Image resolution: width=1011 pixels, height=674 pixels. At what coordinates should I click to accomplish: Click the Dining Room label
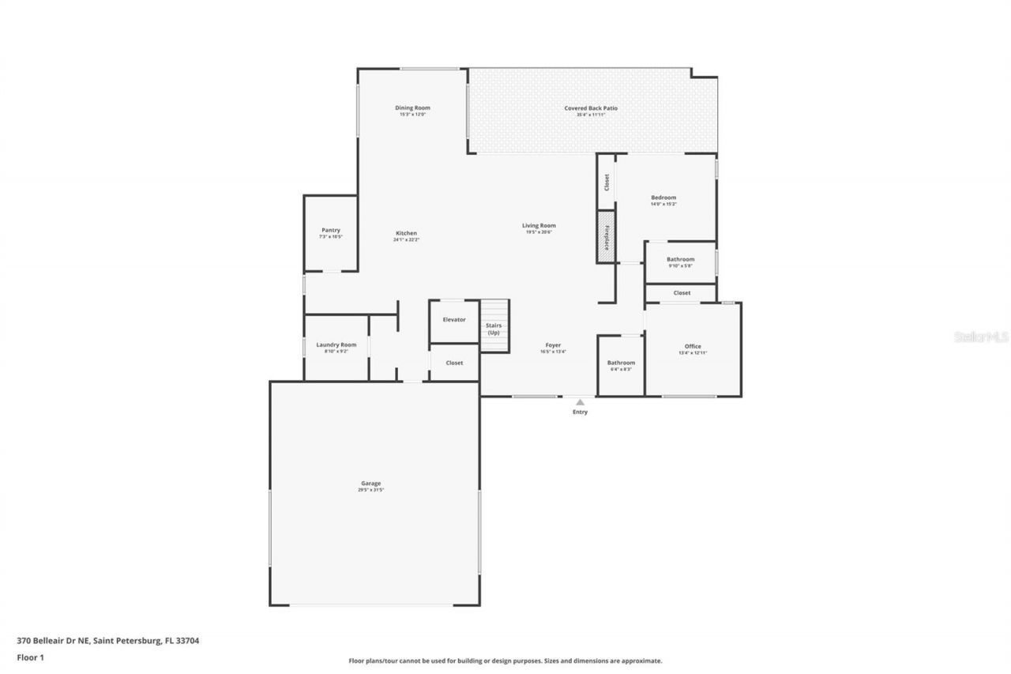[x=412, y=108]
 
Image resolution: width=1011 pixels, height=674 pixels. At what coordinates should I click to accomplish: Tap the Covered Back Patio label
[x=591, y=108]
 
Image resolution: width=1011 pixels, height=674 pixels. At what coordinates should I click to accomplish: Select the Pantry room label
[x=330, y=231]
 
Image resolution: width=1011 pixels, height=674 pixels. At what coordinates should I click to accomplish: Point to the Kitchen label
[x=406, y=234]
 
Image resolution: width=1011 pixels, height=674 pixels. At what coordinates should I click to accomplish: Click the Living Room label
[x=539, y=226]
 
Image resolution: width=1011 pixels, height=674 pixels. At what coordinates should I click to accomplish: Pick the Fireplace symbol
[x=606, y=237]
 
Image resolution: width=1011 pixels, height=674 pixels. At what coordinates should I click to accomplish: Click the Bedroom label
[x=663, y=198]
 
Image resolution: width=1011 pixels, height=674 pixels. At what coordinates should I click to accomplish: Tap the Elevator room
[x=454, y=320]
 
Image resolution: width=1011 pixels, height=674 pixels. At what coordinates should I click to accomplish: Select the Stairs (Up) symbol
[x=494, y=326]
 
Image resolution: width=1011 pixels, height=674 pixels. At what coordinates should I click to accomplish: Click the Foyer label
[x=553, y=346]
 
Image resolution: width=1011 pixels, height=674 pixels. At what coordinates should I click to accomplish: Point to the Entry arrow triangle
[x=580, y=402]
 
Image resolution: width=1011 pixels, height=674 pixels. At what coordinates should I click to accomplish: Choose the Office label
[x=693, y=347]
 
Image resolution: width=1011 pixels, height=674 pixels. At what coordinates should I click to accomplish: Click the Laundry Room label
[x=336, y=345]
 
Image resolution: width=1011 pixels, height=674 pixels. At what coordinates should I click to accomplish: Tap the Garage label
[x=371, y=484]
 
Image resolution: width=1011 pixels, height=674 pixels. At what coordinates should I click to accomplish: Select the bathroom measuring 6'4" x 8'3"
[x=621, y=363]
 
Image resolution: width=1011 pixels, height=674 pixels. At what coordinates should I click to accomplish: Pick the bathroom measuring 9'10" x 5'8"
[x=680, y=260]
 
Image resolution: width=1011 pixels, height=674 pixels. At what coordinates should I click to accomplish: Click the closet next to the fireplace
[x=606, y=183]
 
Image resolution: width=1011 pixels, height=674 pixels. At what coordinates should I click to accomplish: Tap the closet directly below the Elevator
[x=454, y=363]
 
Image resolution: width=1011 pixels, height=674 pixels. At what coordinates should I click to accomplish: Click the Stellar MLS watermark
[x=981, y=337]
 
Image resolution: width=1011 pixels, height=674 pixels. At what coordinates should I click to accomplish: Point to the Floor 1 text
[x=31, y=657]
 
